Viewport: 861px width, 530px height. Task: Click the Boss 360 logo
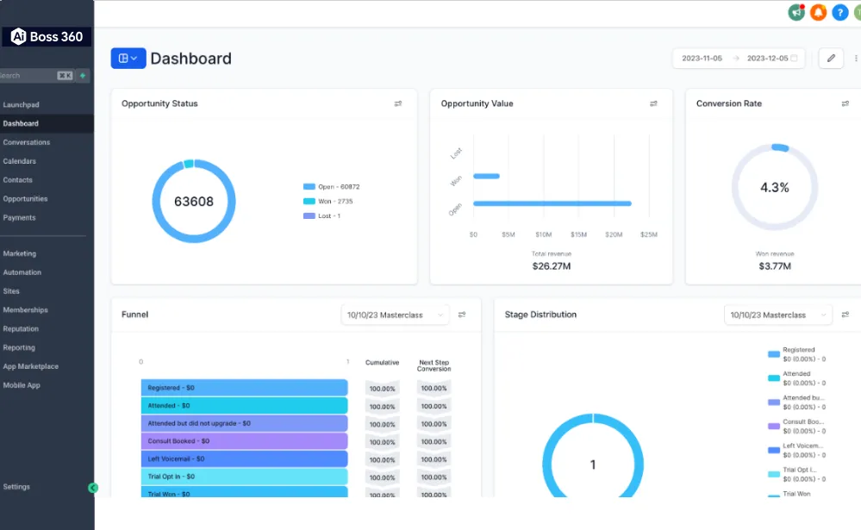click(47, 37)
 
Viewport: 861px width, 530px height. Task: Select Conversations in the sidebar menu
click(27, 142)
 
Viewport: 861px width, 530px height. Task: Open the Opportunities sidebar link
click(26, 199)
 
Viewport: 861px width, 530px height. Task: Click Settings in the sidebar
click(16, 487)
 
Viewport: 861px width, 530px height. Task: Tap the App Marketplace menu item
click(31, 366)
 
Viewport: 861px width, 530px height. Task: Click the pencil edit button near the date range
click(831, 59)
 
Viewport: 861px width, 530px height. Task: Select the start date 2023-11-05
click(702, 59)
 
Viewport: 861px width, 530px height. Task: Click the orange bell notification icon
click(818, 12)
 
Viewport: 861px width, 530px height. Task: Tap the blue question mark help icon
click(839, 12)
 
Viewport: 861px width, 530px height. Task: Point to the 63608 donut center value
click(193, 202)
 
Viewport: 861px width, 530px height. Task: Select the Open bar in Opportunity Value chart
click(552, 203)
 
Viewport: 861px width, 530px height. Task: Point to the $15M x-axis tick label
click(578, 234)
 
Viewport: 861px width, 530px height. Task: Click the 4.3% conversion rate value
click(774, 187)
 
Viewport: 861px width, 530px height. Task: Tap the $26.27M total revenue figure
click(551, 266)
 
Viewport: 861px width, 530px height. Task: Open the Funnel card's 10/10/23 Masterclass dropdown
click(396, 315)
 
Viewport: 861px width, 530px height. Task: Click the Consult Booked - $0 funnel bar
click(244, 441)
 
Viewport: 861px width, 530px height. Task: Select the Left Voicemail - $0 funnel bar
click(244, 458)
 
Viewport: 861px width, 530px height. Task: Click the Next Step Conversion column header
click(434, 365)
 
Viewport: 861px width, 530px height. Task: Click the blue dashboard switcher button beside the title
click(128, 59)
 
